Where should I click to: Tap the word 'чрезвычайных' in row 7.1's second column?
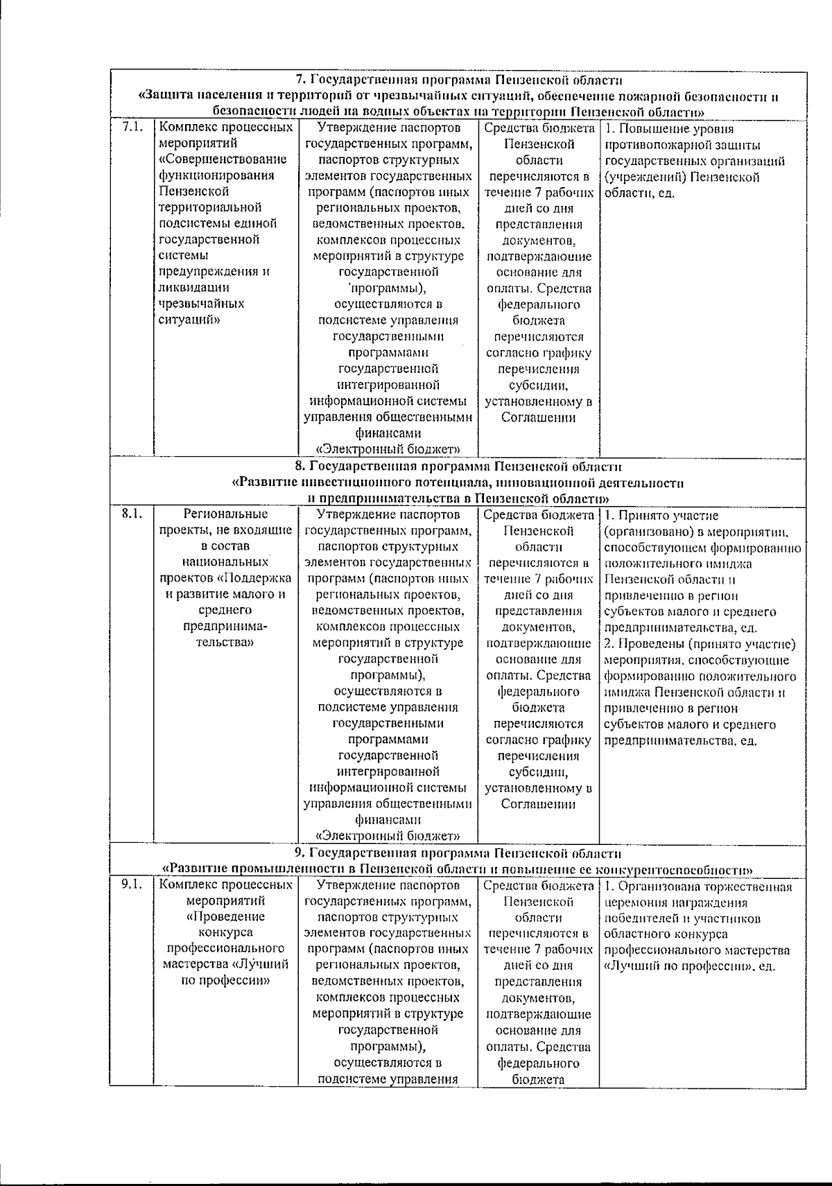pyautogui.click(x=201, y=304)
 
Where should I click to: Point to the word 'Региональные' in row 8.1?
pyautogui.click(x=225, y=514)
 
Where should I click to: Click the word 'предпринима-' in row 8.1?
pyautogui.click(x=225, y=627)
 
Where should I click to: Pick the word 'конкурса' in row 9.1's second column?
pyautogui.click(x=225, y=933)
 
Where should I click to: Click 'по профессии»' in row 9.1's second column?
pyautogui.click(x=225, y=981)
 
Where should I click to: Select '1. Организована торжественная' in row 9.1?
pyautogui.click(x=699, y=886)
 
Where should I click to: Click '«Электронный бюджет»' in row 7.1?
pyautogui.click(x=388, y=449)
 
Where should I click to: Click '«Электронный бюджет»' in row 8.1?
pyautogui.click(x=388, y=835)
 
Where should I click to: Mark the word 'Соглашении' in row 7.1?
pyautogui.click(x=539, y=417)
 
